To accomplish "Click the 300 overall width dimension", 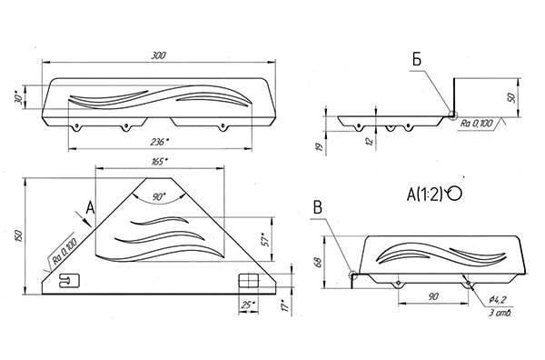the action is click(158, 55).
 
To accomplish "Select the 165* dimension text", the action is click(160, 162).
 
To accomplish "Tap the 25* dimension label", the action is click(249, 305).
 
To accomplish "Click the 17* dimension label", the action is click(285, 305).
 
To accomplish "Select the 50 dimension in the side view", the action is click(511, 97).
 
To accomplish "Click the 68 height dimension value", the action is click(317, 262).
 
